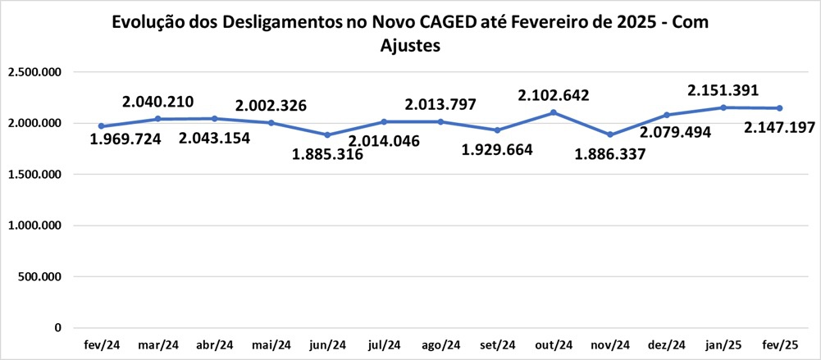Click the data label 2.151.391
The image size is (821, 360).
coord(723,90)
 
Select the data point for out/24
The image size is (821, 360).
coord(554,112)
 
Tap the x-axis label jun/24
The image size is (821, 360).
coord(327,345)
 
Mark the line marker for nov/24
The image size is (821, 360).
coord(610,134)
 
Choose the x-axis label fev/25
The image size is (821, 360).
coord(778,345)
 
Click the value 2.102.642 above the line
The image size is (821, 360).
coord(554,96)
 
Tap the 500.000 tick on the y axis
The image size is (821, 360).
coord(41,276)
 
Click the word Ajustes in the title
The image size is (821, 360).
coord(411,47)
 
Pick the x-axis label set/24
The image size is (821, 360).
coord(497,345)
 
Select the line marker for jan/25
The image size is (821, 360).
coord(723,107)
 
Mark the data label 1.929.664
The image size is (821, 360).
coord(497,149)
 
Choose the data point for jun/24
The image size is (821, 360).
coord(328,134)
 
